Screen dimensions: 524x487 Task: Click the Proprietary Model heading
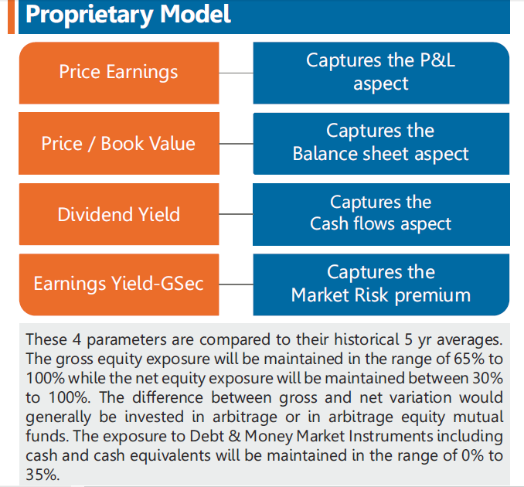click(x=128, y=15)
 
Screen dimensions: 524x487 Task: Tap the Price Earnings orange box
click(x=119, y=73)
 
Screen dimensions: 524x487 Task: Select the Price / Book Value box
click(x=119, y=143)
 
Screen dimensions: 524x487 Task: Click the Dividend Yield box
click(x=119, y=214)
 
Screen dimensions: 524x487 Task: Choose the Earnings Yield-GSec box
click(x=119, y=284)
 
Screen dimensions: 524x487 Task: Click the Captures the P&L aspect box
click(x=381, y=73)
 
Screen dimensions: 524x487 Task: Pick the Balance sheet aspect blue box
click(x=381, y=144)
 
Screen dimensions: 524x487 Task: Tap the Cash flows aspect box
click(x=381, y=214)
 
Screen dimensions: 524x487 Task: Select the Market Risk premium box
click(x=381, y=284)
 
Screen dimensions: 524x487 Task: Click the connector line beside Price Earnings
click(x=236, y=73)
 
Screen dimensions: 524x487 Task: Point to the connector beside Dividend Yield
click(x=236, y=214)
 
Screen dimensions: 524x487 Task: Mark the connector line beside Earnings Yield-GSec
click(x=236, y=284)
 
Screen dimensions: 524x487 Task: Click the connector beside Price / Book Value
click(x=236, y=144)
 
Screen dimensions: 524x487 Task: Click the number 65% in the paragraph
click(x=469, y=359)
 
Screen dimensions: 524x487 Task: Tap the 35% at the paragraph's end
click(x=43, y=475)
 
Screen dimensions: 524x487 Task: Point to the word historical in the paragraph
click(x=367, y=339)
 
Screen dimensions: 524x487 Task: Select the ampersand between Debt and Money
click(x=234, y=436)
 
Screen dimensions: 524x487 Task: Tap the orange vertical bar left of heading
click(x=11, y=17)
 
